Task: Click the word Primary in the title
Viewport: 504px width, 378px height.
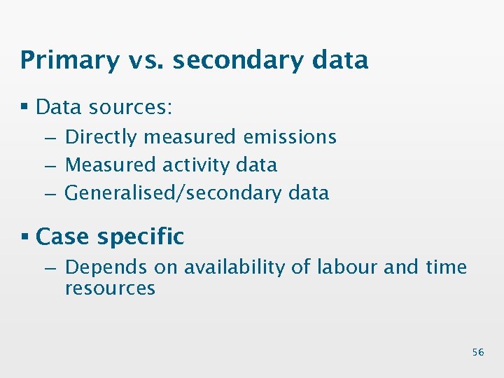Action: [70, 61]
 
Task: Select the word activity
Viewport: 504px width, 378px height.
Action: [195, 165]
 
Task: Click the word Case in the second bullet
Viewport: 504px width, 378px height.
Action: [63, 237]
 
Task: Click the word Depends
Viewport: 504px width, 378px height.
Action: [106, 267]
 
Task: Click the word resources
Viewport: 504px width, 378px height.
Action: [110, 288]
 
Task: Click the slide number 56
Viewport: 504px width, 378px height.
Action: [477, 352]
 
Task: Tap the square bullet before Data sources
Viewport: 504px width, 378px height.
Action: [24, 107]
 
